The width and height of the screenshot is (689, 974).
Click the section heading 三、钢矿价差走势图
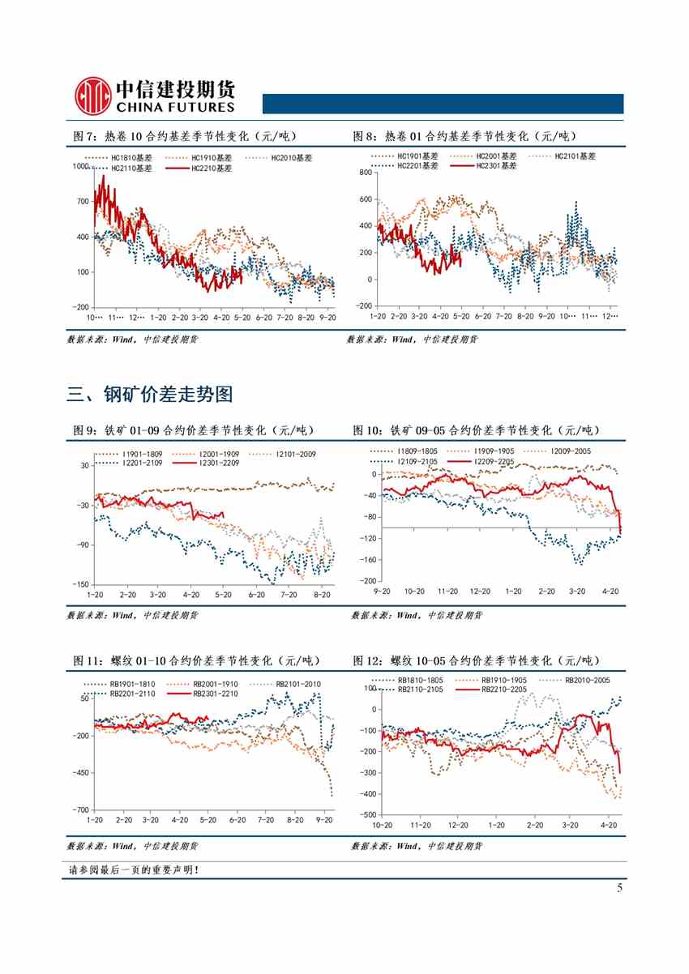150,395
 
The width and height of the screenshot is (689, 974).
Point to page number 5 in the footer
619,887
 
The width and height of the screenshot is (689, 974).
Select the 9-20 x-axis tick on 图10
380,592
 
